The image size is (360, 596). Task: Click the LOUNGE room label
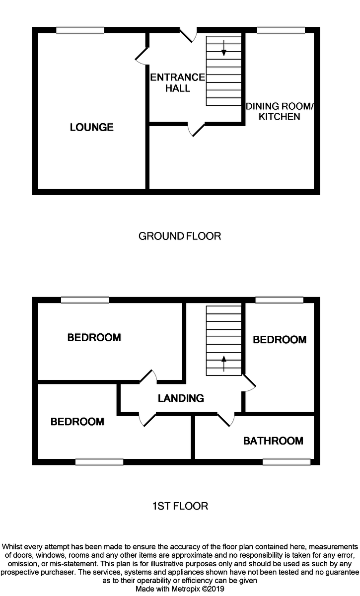(91, 128)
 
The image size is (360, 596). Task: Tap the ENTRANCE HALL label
(177, 83)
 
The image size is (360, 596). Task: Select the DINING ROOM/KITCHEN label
(280, 111)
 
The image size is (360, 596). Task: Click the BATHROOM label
(273, 441)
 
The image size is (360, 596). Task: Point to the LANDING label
(181, 398)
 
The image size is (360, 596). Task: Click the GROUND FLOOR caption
(180, 236)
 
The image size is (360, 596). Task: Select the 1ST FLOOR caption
(180, 506)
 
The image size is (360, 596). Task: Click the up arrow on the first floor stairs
(223, 363)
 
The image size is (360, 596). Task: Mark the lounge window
(80, 30)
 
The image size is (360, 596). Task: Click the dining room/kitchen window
(281, 30)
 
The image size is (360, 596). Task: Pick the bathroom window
(287, 462)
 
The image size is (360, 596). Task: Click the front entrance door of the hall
(188, 35)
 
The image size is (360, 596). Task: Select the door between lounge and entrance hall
(142, 56)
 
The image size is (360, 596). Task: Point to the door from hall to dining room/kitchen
(197, 129)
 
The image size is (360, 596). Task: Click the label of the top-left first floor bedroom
(94, 338)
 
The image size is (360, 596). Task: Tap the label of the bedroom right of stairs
(280, 340)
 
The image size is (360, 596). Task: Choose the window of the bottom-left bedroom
(99, 462)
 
